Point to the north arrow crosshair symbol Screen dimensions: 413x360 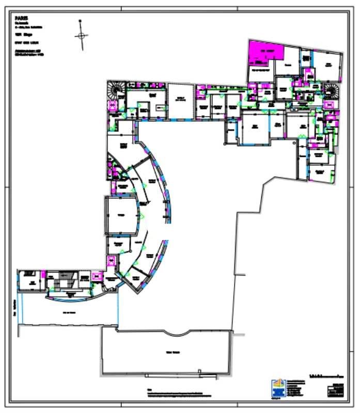[x=81, y=36]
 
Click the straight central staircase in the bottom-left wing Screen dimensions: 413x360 [x=65, y=281]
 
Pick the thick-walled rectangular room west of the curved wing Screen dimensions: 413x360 [x=122, y=215]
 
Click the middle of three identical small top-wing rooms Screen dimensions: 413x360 [x=217, y=106]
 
